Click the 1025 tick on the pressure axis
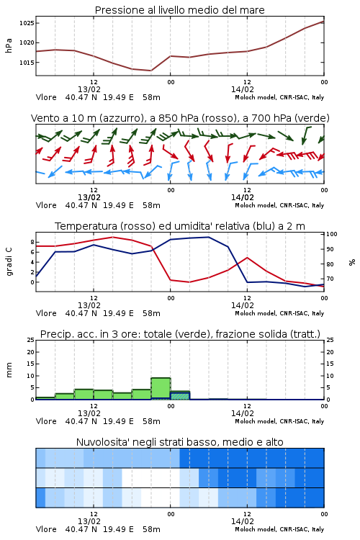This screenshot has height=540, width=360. [x=27, y=23]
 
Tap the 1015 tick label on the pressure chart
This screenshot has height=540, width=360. [x=27, y=63]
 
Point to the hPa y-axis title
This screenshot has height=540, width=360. [x=9, y=45]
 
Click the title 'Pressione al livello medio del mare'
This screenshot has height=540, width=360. [x=180, y=10]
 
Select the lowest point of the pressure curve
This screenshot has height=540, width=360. [x=150, y=71]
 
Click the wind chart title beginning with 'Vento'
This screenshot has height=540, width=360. [x=180, y=118]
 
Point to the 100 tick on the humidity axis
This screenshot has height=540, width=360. [x=332, y=234]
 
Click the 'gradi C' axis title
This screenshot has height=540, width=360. [x=9, y=261]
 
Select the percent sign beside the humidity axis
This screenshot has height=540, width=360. [x=352, y=262]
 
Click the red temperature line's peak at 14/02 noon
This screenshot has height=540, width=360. [x=247, y=258]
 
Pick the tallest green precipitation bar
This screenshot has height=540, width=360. [x=161, y=389]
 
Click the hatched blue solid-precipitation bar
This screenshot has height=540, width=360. [x=180, y=396]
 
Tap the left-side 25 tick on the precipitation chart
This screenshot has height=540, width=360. [x=31, y=340]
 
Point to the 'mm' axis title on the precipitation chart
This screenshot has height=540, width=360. [x=9, y=370]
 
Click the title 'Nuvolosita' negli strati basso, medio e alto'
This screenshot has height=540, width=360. [x=180, y=442]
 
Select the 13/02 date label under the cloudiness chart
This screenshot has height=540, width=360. [x=89, y=521]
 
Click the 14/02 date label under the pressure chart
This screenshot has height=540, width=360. [x=243, y=89]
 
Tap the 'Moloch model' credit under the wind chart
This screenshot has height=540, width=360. [x=256, y=206]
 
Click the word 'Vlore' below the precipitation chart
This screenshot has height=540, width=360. [x=46, y=421]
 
